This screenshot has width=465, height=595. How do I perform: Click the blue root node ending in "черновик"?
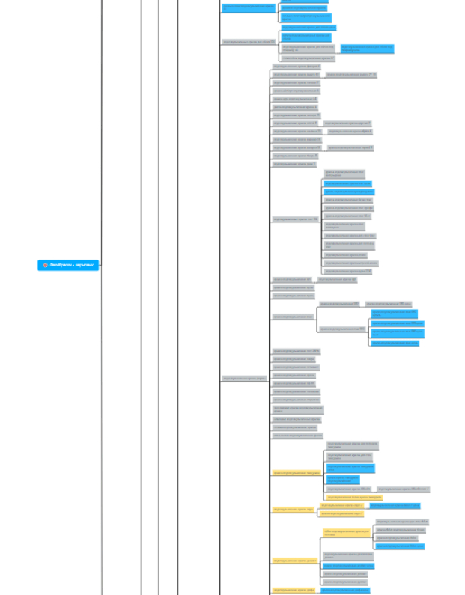(68, 265)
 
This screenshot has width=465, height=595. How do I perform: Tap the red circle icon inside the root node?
(45, 265)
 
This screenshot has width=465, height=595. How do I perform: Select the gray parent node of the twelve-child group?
(295, 219)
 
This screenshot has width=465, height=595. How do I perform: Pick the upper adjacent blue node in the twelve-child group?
(347, 183)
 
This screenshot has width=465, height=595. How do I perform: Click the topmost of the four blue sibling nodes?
(395, 313)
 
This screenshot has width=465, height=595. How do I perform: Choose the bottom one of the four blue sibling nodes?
(395, 343)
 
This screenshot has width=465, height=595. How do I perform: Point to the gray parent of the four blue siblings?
(342, 329)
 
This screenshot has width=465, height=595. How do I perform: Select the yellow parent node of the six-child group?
(297, 473)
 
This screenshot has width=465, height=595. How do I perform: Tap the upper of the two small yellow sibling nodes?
(341, 505)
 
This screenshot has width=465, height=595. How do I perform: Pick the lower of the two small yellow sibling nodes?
(341, 513)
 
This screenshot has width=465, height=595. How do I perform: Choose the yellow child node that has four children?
(347, 533)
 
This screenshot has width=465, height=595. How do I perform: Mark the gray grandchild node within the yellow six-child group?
(402, 489)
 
